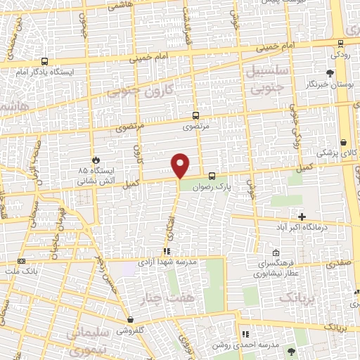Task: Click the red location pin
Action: coord(181,165)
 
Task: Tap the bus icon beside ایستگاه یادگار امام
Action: coord(44,62)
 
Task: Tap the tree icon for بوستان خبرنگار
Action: coord(330,72)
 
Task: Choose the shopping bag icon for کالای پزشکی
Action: coord(342,141)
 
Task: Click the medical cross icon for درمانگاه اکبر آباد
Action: coord(302,217)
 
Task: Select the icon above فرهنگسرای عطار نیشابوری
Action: coord(276,254)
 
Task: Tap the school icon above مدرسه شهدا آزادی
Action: coord(167,250)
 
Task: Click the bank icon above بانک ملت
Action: coord(21,260)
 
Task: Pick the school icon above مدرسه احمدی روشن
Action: coord(244,335)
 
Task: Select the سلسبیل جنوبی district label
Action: coord(265,77)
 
